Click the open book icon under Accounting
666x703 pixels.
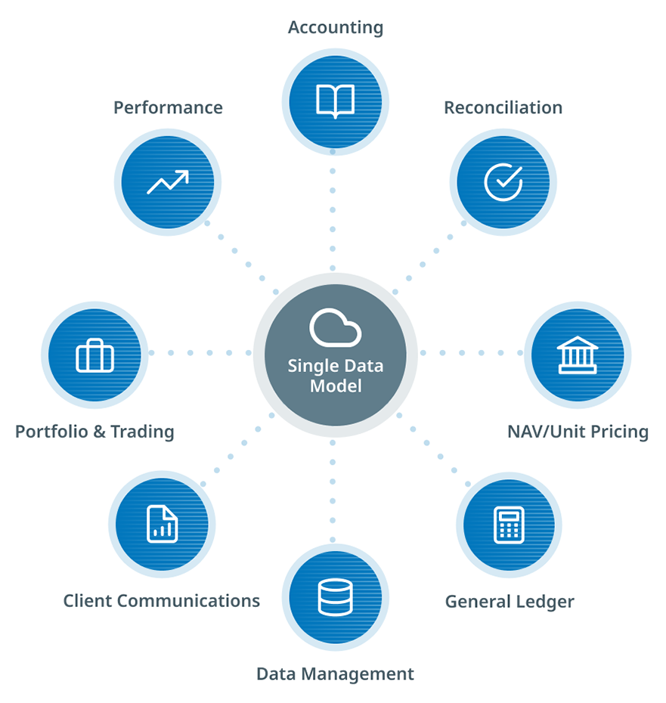[335, 101]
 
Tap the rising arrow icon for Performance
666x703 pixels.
[168, 182]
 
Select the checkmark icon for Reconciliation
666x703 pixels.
[503, 182]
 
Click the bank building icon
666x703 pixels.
[577, 355]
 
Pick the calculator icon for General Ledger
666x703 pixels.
[509, 525]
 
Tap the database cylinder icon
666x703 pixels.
[335, 597]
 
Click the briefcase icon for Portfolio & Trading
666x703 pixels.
[94, 355]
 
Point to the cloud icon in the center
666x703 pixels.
[335, 328]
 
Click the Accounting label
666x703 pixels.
[336, 28]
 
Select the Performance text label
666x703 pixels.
[168, 108]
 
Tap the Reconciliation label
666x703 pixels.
[503, 108]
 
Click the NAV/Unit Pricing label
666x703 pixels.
[578, 432]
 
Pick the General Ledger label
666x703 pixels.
[510, 602]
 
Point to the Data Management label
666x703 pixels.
[335, 674]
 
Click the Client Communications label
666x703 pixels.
[161, 601]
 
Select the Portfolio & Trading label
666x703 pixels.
[94, 432]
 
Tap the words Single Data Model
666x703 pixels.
[335, 376]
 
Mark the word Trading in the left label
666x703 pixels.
[142, 432]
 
